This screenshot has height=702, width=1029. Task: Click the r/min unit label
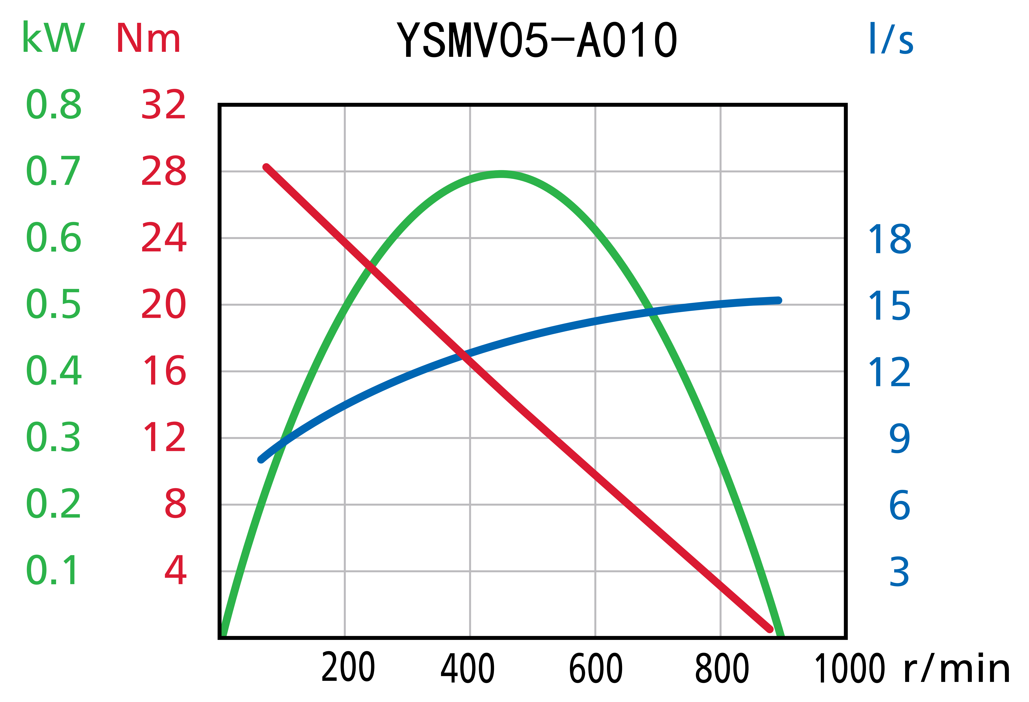(956, 669)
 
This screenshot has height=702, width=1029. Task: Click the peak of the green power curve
(501, 174)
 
